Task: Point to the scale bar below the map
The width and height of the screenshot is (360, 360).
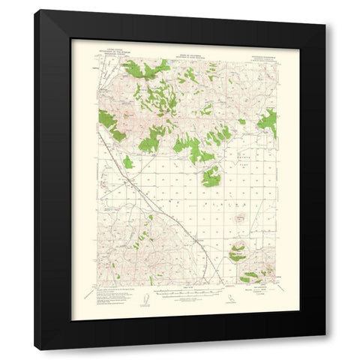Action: click(188, 294)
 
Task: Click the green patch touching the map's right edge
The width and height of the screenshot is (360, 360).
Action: click(268, 120)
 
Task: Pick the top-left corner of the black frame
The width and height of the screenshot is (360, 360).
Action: click(35, 11)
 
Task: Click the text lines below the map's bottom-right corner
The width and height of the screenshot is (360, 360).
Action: click(261, 291)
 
